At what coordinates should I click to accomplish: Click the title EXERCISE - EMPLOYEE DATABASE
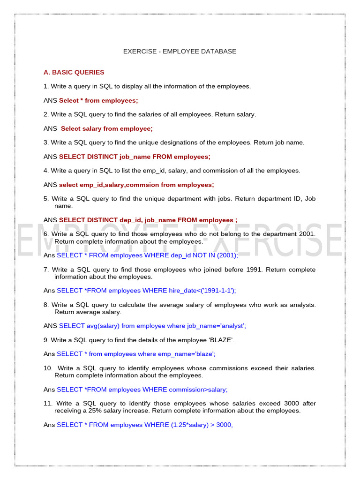[x=180, y=51]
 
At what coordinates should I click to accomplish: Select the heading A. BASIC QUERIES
[x=74, y=72]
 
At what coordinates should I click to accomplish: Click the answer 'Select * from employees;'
[x=98, y=100]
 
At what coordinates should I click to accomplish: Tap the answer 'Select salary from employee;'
[x=107, y=128]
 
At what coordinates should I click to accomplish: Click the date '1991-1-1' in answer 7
[x=217, y=291]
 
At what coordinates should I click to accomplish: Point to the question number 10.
[x=47, y=368]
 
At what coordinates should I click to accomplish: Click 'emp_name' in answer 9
[x=169, y=354]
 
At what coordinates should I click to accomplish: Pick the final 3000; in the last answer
[x=225, y=425]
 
